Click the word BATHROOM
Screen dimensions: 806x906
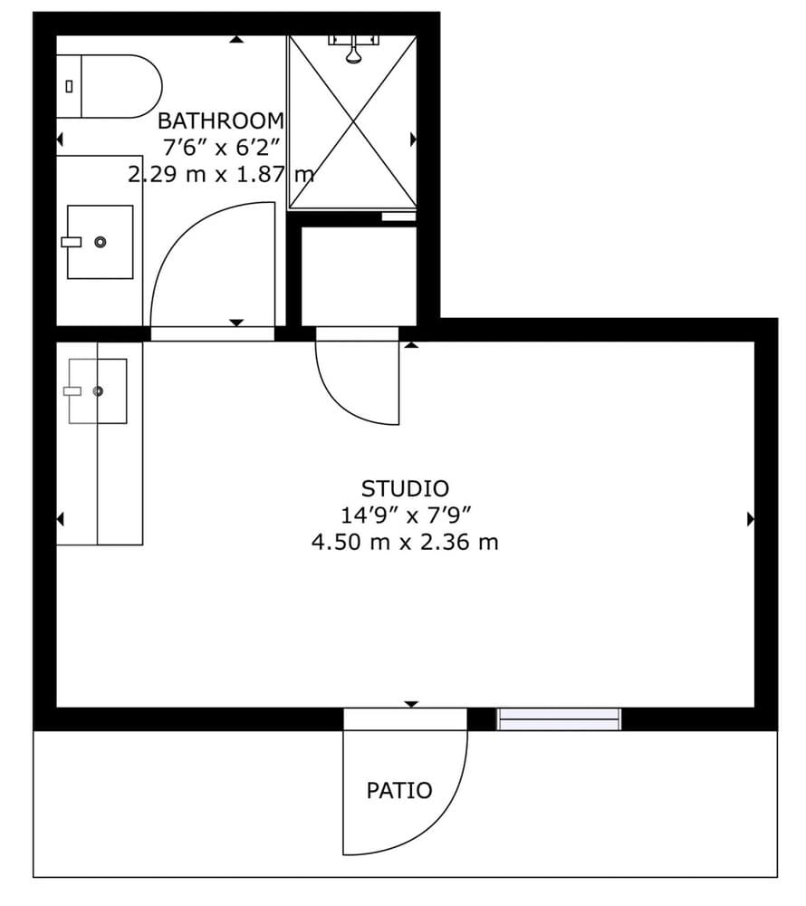[x=221, y=121]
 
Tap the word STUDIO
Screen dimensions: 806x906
[x=405, y=489]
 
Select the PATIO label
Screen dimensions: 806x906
[x=399, y=790]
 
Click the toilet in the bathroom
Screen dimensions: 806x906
[x=109, y=87]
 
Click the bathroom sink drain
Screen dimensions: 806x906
[x=101, y=242]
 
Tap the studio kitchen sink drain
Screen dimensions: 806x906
[x=98, y=391]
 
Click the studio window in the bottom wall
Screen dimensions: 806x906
[x=559, y=719]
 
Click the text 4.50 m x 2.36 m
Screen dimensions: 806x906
[x=405, y=542]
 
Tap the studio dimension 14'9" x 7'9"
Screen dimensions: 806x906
[x=406, y=515]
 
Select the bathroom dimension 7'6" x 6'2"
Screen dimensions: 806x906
[x=221, y=148]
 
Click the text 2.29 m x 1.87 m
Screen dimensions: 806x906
[x=221, y=174]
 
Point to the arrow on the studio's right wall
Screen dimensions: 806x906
[x=751, y=519]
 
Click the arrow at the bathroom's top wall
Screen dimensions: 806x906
[x=236, y=39]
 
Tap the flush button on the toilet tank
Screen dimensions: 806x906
[x=70, y=87]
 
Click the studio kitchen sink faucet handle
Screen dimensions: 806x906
[x=72, y=391]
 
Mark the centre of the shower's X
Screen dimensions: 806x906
[x=353, y=121]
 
